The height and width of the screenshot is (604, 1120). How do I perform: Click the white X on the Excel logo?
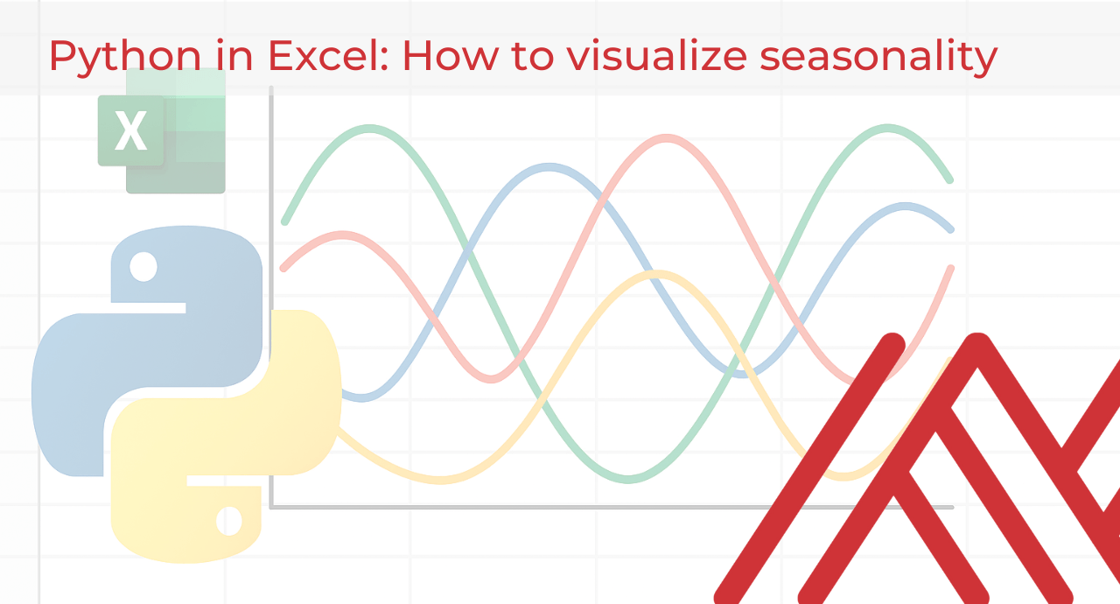(x=130, y=132)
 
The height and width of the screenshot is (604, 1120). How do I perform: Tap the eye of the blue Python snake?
(x=143, y=266)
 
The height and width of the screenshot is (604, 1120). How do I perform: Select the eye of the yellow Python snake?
(x=229, y=521)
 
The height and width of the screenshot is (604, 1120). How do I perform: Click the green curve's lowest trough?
(x=627, y=478)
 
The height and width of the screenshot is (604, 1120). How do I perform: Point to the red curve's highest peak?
(x=668, y=138)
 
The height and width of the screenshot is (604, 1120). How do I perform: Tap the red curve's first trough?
(x=492, y=378)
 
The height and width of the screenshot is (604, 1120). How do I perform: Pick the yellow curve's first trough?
(x=442, y=479)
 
